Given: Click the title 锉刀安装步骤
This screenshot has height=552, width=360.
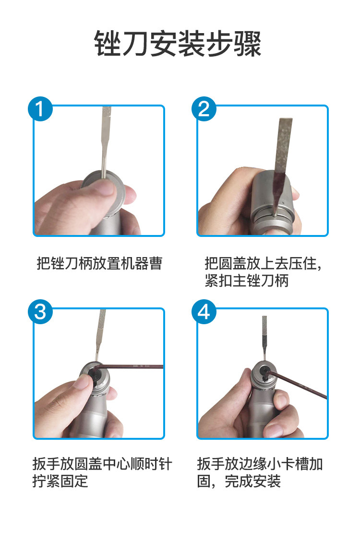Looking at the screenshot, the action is pos(178,43).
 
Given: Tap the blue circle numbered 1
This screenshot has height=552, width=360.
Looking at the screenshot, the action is pos(40,109).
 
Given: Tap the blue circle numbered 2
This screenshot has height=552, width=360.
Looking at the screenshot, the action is pos(204,109).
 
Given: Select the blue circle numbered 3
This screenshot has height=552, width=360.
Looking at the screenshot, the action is pos(40,312).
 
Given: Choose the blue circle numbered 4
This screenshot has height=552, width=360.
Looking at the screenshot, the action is pos(204,312).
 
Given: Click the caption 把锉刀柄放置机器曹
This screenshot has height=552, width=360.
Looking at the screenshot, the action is pos(99,263).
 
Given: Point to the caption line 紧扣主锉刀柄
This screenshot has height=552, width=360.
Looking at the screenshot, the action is pos(247,281).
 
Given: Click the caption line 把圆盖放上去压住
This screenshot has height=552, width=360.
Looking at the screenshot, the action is pos(263,263).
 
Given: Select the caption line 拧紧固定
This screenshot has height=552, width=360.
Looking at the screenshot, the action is pos(60,481).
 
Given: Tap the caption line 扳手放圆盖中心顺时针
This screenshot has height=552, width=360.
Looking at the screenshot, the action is pos(102,464).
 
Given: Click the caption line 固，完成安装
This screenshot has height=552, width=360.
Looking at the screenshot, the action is pos(239,481).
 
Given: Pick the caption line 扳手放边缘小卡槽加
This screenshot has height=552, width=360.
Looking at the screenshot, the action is pos(260,464).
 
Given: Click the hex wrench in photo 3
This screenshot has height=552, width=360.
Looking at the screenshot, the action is pos(129,367).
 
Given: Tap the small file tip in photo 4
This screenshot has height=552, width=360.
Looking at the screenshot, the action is pos(264,338).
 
